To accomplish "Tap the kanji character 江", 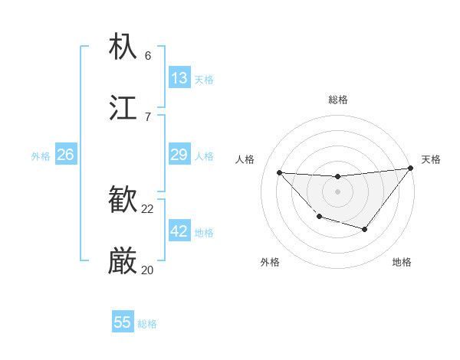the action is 123,107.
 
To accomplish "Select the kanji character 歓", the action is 123,201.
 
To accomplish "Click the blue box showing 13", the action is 179,78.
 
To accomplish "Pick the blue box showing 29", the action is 179,155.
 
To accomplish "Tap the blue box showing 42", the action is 179,231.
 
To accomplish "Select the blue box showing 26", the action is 65,155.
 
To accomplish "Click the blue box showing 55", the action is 123,322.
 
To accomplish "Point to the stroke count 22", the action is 148,208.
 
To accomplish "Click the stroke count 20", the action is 148,270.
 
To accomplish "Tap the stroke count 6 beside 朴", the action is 148,55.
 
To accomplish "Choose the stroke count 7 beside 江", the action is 148,116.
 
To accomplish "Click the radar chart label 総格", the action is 338,100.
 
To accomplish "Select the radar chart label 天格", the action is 431,159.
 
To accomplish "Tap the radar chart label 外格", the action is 270,262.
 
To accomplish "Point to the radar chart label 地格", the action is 402,262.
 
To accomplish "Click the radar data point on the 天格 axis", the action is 411,168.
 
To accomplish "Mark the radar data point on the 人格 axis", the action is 279,172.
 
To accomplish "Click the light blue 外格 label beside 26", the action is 41,156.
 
